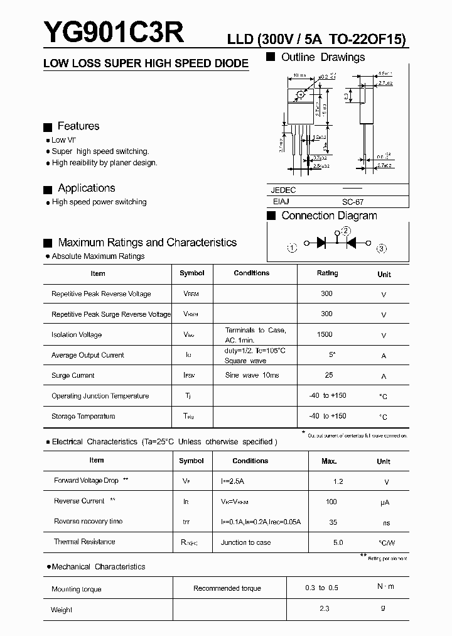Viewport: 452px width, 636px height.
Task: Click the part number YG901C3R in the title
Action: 114,31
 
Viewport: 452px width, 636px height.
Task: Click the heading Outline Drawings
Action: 323,57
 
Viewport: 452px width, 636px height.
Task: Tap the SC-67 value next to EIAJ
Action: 352,202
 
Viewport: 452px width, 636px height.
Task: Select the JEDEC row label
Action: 283,190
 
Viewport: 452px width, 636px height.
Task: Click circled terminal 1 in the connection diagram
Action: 292,248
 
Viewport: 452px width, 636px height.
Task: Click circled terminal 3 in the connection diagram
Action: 382,248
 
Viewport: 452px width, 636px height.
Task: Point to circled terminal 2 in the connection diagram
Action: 345,231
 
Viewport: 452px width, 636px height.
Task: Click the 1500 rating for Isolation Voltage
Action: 325,334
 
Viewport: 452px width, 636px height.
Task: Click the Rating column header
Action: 327,273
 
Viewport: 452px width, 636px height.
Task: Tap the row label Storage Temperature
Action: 83,416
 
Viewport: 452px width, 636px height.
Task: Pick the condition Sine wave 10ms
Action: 252,375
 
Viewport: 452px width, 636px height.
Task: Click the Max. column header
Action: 329,461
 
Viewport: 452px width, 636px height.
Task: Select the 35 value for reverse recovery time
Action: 333,522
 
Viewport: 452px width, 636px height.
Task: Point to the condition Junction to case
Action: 246,542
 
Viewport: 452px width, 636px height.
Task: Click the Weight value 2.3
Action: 324,609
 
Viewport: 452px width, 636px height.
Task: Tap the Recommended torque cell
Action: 227,588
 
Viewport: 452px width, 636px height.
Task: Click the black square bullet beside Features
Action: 47,127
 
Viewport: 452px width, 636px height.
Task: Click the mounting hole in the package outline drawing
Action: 301,94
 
